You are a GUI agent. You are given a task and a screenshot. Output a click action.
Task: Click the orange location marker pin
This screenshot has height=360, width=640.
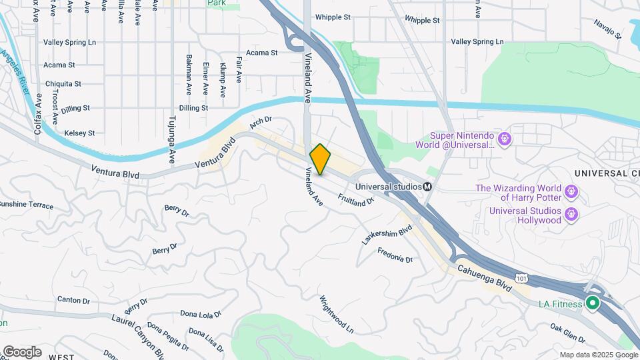coord(321,159)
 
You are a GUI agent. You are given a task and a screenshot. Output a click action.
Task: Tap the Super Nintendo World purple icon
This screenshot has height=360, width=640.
coord(504,139)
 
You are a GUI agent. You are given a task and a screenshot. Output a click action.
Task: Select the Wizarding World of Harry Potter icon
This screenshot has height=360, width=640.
coord(571,193)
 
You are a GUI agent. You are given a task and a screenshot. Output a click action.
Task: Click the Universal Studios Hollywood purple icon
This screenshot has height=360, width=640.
coord(571,215)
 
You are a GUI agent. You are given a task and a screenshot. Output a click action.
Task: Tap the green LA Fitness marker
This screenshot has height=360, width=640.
coord(592,304)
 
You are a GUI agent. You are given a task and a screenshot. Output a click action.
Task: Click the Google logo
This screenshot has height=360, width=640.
coord(21,351)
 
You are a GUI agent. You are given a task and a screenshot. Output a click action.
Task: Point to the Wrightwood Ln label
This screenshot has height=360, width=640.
coord(336,315)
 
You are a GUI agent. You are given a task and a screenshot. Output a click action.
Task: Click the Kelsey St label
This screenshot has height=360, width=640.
coord(79,133)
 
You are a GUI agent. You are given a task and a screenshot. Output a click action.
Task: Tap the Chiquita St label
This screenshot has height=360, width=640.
coord(63,84)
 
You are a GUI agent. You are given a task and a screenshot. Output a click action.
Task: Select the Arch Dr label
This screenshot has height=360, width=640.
coord(261,123)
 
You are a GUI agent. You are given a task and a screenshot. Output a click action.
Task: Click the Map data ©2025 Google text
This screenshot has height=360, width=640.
coord(597,355)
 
